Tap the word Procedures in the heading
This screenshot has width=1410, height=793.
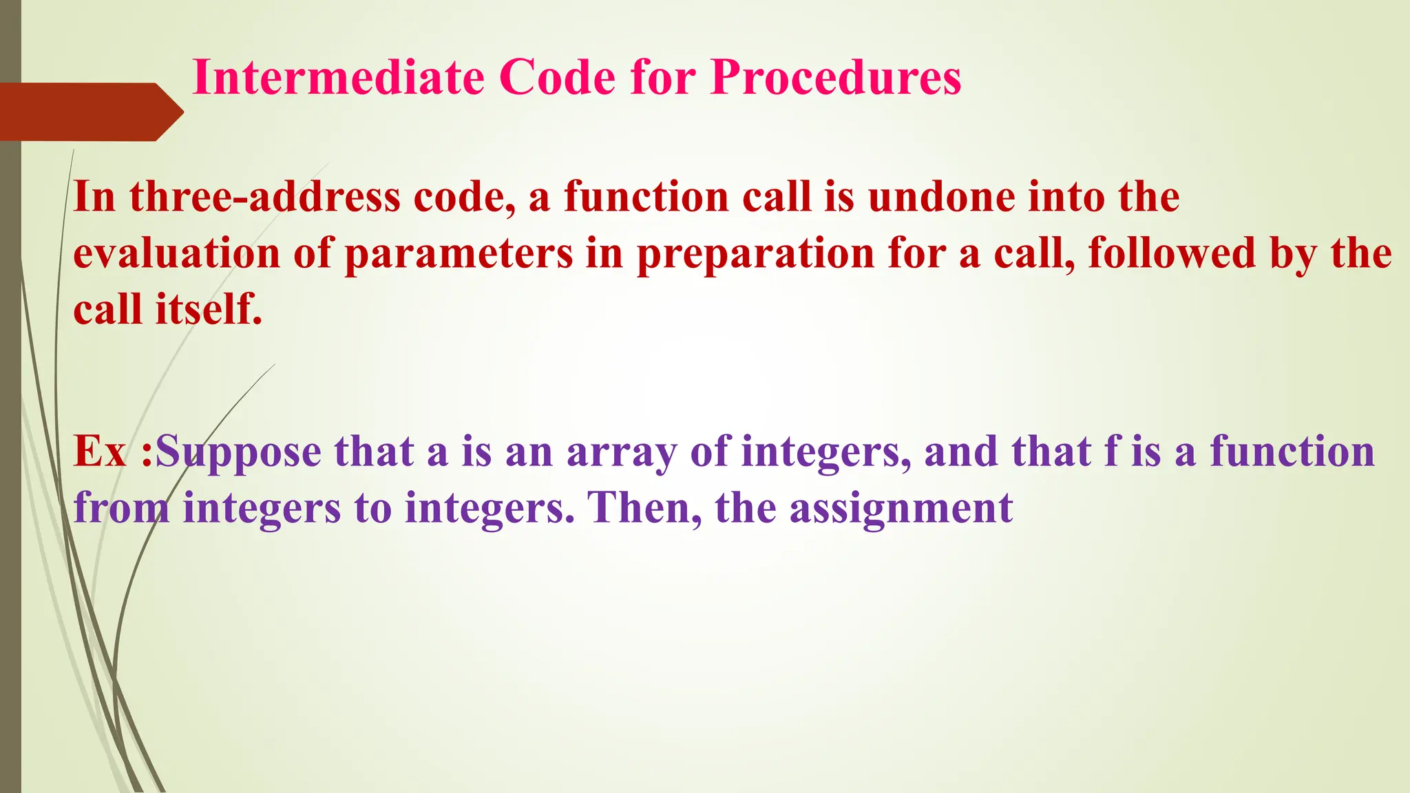[x=836, y=76]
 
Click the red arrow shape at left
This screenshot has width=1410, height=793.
[x=90, y=112]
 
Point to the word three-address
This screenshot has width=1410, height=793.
[x=264, y=197]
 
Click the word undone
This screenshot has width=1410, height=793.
[x=940, y=197]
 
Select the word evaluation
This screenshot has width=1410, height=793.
[x=176, y=253]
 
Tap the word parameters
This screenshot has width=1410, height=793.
[x=458, y=253]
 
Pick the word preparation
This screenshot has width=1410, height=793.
[x=755, y=253]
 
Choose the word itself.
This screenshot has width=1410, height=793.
[x=208, y=310]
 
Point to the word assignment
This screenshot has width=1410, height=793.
[x=901, y=509]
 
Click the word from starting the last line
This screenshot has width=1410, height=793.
[x=121, y=509]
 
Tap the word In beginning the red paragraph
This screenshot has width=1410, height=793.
[x=94, y=197]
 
